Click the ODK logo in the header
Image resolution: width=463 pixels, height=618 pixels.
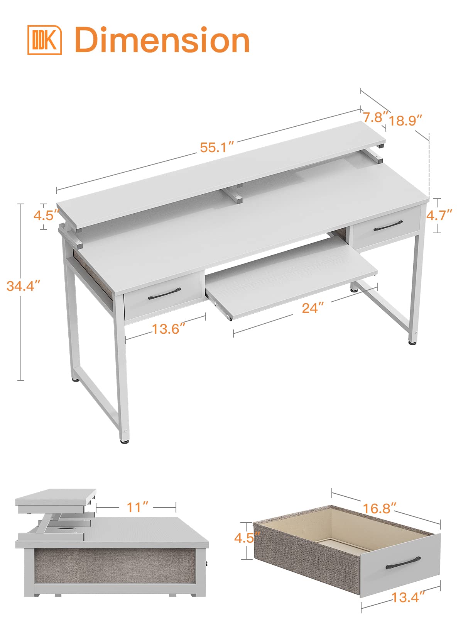[x=44, y=40]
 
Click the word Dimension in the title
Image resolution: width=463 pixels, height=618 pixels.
[x=162, y=40]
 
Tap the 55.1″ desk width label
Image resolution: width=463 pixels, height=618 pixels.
[x=217, y=147]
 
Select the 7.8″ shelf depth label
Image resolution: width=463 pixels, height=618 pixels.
[x=375, y=117]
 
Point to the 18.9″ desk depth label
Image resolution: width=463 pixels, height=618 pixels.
[x=405, y=121]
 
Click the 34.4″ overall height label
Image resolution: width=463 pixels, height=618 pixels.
[x=24, y=286]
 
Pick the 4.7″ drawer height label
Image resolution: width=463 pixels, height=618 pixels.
[x=439, y=215]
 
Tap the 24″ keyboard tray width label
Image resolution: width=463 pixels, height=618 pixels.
[x=313, y=308]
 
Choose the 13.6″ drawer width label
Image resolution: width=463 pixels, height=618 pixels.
[x=168, y=329]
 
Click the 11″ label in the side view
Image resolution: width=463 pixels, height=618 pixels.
[x=138, y=507]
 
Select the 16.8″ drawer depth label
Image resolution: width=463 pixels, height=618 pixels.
[x=379, y=508]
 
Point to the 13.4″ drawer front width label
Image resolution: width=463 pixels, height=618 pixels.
[x=408, y=597]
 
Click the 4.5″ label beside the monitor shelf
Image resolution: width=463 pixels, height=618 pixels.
[x=46, y=215]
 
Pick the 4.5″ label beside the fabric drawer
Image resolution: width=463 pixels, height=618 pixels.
[x=247, y=537]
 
